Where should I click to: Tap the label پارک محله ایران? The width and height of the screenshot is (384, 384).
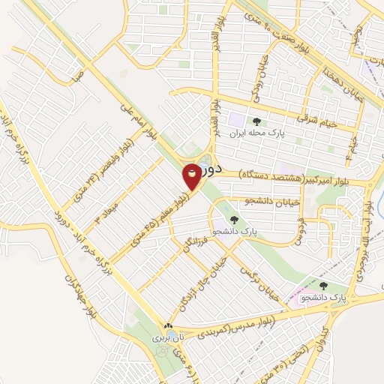tap(259, 135)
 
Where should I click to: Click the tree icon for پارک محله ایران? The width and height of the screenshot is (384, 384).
tap(258, 121)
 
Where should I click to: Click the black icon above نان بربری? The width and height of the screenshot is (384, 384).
tap(168, 326)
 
